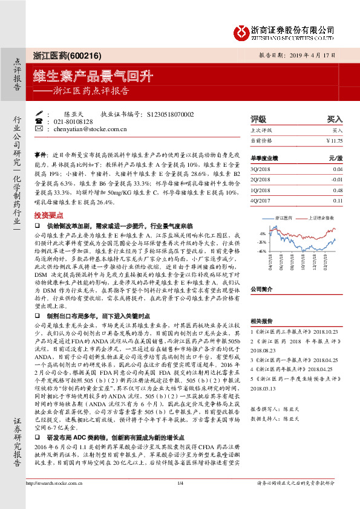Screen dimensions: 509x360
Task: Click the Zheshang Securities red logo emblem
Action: [241, 31]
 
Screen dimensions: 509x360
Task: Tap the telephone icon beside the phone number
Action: [39, 122]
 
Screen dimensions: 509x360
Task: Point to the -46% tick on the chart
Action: [261, 250]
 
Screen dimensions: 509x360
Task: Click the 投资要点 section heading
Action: [50, 215]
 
